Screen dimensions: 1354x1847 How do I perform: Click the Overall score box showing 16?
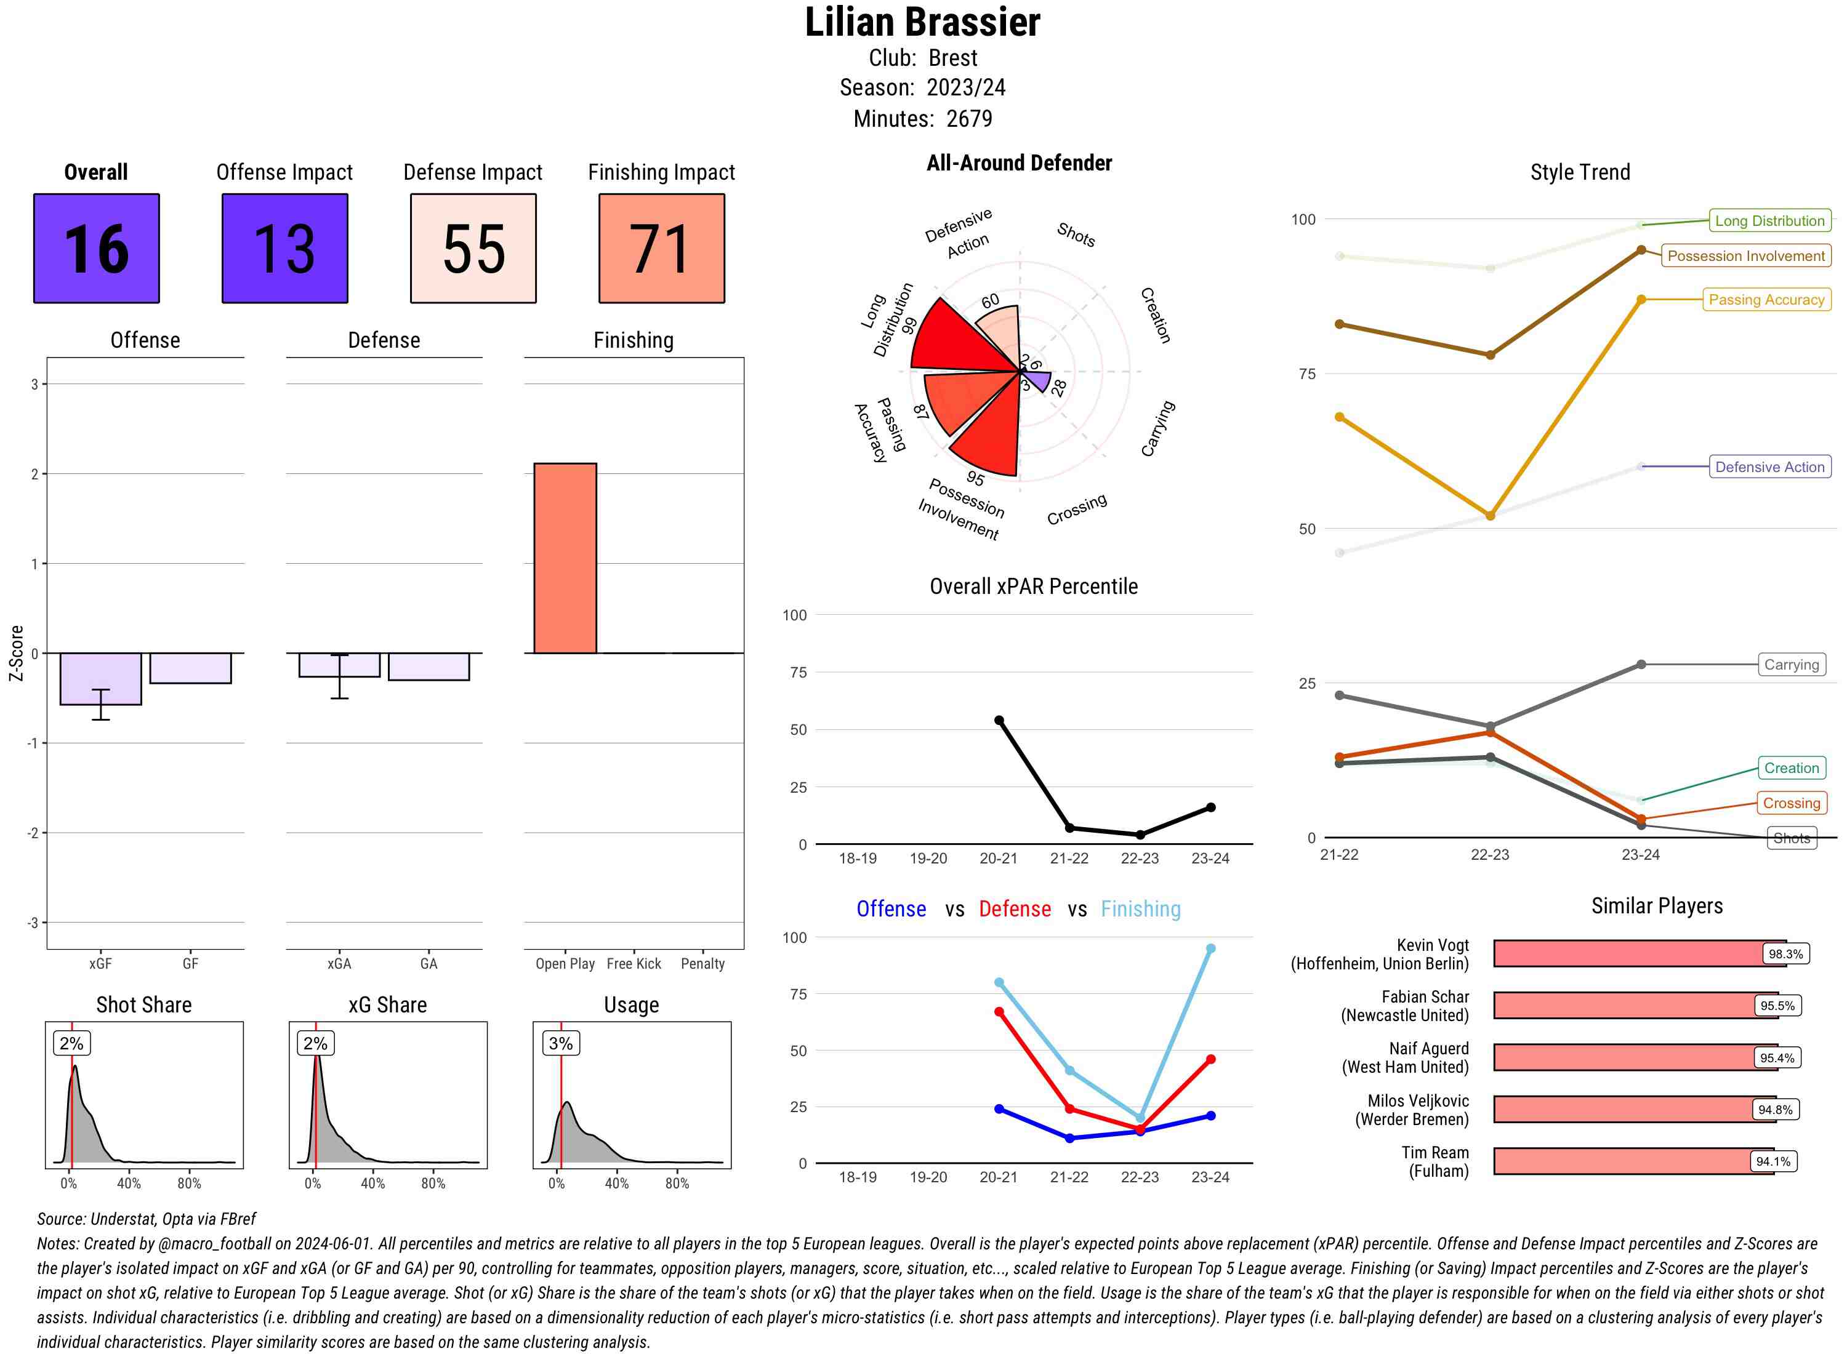click(96, 249)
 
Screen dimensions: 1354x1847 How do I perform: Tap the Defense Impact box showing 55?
click(473, 249)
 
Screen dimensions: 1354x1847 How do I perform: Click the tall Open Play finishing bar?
click(565, 558)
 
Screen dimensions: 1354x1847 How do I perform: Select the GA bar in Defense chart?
click(428, 667)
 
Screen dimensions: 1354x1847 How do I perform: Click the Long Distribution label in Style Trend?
click(1769, 220)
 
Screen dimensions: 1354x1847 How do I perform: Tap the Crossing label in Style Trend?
click(1791, 803)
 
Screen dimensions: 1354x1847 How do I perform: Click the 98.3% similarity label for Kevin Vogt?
click(1785, 954)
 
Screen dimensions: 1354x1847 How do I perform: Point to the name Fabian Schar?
click(1425, 996)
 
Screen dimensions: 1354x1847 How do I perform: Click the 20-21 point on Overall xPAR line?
click(999, 721)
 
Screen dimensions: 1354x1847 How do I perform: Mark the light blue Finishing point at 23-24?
click(1210, 948)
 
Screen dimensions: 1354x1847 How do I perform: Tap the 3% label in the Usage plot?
click(561, 1043)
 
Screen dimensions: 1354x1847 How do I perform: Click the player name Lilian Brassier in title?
click(922, 22)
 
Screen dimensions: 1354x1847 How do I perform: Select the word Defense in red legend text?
click(1014, 909)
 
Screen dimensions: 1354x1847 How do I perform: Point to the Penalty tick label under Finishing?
click(702, 964)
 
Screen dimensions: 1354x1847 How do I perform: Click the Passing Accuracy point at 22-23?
click(1489, 516)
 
